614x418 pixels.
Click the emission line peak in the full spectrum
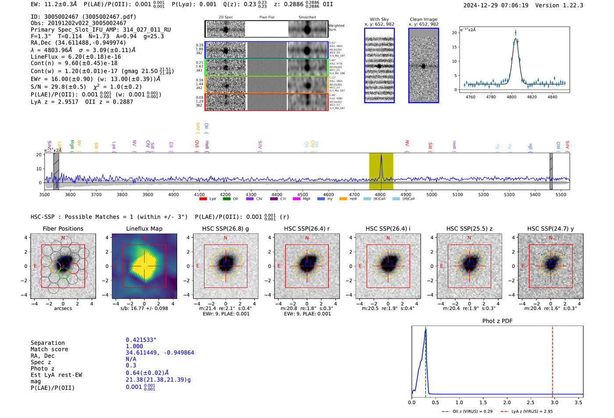coord(381,156)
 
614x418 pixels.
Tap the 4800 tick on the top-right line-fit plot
coord(511,97)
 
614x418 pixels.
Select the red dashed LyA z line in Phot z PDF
coord(552,360)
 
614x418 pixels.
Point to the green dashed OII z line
coord(425,360)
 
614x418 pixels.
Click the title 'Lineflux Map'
coord(144,229)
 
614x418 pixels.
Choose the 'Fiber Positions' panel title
coord(63,229)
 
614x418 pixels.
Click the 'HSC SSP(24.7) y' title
coord(550,229)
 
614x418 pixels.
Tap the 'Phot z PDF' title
coord(497,321)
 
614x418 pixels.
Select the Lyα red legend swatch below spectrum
coord(203,199)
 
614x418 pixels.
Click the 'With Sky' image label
coord(379,19)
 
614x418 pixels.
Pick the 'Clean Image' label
coord(423,19)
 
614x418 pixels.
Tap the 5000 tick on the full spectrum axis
coord(432,194)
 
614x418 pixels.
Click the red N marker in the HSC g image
coord(225,238)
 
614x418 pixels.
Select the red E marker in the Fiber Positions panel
coord(35,266)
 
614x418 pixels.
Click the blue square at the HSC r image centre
coord(307,263)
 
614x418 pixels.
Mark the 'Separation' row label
coord(47,343)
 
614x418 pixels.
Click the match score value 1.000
coord(134,347)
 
